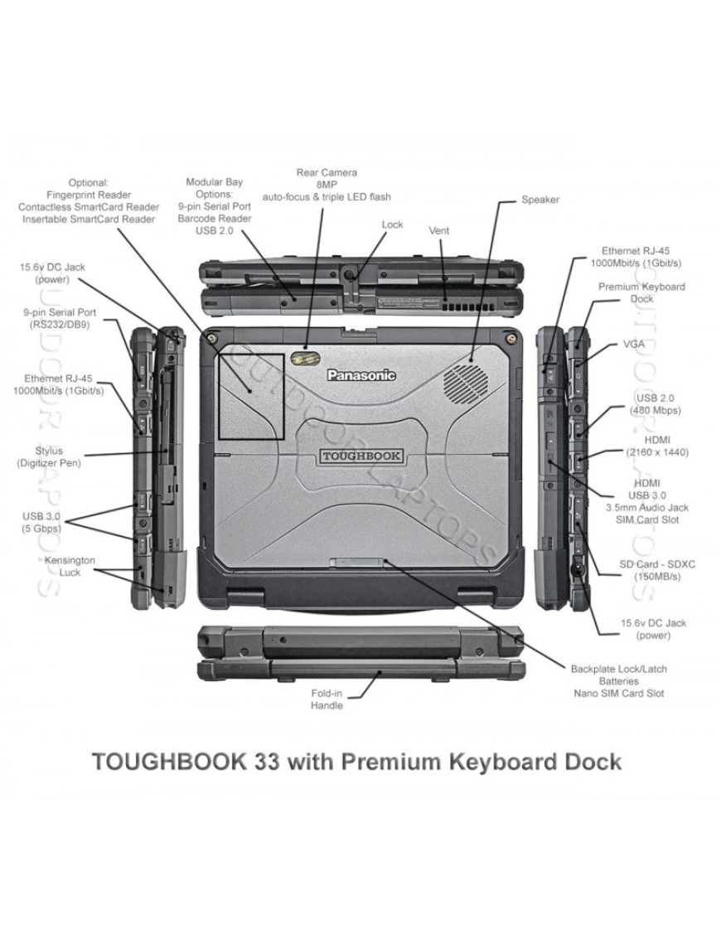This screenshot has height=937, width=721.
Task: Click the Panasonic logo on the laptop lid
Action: tap(360, 375)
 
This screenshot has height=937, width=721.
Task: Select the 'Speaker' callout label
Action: tap(540, 200)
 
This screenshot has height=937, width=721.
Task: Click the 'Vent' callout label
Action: tap(439, 229)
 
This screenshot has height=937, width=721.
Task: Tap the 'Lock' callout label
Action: tap(392, 224)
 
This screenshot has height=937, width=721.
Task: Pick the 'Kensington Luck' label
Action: tap(70, 566)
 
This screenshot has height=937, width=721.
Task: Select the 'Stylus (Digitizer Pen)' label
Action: tap(48, 456)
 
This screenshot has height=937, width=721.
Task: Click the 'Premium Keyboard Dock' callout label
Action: tap(653, 292)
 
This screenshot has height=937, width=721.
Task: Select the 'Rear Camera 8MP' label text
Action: tap(327, 178)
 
